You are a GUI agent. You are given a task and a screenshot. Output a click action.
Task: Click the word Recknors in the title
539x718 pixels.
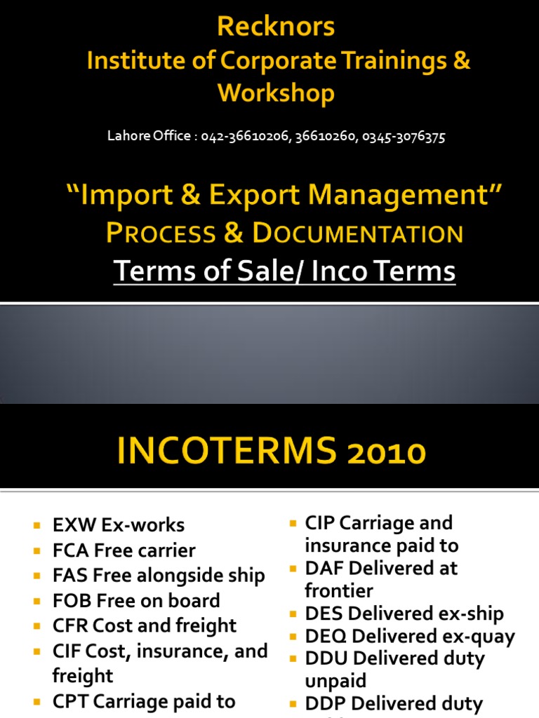click(276, 27)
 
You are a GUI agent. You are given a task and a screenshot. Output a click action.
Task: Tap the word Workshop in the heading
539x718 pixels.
click(276, 93)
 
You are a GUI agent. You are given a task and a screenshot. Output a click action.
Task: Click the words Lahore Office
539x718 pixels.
click(147, 137)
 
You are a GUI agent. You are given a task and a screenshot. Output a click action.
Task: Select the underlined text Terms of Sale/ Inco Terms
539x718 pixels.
click(284, 271)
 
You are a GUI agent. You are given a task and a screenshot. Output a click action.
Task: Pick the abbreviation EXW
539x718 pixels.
click(69, 525)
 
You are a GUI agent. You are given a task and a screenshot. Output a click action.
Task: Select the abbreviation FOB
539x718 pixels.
click(69, 601)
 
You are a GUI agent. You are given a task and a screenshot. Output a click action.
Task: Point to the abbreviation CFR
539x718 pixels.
click(69, 626)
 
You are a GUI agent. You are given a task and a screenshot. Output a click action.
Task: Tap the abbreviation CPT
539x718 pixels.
click(69, 701)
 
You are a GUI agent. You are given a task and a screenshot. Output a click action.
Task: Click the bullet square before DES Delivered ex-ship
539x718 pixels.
click(293, 614)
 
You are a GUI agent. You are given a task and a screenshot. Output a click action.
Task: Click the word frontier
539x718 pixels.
click(339, 590)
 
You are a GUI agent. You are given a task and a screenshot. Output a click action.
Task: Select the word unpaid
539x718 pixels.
click(335, 681)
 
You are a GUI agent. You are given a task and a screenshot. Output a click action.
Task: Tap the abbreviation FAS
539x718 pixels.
click(69, 576)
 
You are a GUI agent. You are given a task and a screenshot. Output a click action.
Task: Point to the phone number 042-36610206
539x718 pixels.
click(242, 137)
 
